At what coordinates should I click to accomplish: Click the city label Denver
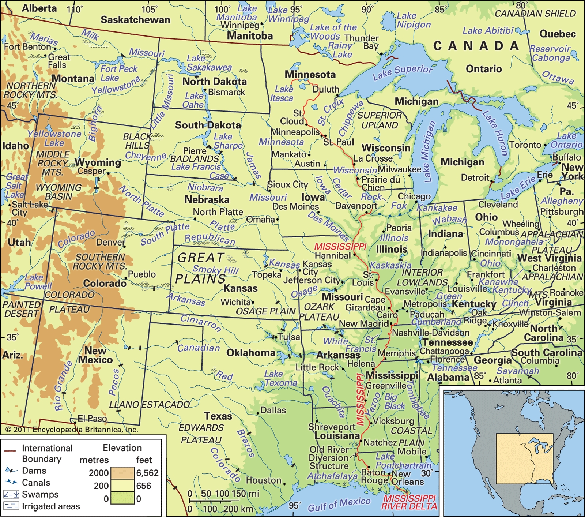(110, 242)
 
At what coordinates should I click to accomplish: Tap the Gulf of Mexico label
(339, 504)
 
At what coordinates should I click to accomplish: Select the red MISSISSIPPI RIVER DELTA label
(409, 502)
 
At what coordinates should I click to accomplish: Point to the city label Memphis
(397, 353)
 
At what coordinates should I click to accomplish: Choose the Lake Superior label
(402, 72)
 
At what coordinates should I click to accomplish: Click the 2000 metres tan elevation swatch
(122, 473)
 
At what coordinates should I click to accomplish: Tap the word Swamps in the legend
(40, 494)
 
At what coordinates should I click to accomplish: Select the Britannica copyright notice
(72, 430)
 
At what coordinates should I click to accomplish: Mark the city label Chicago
(414, 196)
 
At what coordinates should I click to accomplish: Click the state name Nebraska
(207, 200)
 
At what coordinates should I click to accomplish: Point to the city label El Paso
(92, 418)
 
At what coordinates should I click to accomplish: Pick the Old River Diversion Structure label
(329, 458)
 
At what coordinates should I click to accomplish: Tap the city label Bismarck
(226, 92)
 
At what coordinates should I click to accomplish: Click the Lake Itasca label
(282, 94)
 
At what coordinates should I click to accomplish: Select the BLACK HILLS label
(137, 141)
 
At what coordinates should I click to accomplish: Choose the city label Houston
(263, 480)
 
